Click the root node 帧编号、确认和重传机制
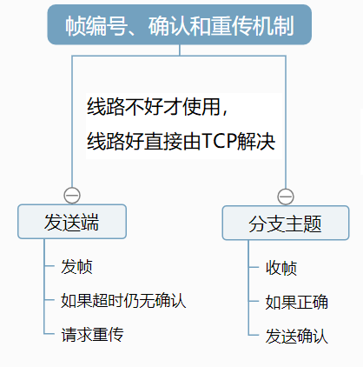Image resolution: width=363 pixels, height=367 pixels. coord(179,26)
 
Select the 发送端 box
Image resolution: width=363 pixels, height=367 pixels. coord(72,221)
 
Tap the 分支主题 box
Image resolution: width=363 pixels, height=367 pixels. coord(285,224)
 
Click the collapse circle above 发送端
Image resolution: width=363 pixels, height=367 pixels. coord(72,195)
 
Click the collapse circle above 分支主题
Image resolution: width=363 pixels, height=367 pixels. coord(285,197)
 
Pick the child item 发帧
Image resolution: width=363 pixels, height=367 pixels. coord(76,266)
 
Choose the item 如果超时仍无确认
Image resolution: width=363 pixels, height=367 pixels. coord(122,300)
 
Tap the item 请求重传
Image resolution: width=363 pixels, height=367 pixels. coord(92,334)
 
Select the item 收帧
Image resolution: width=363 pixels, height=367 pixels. coord(281,267)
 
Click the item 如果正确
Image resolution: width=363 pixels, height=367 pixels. coord(296,302)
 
